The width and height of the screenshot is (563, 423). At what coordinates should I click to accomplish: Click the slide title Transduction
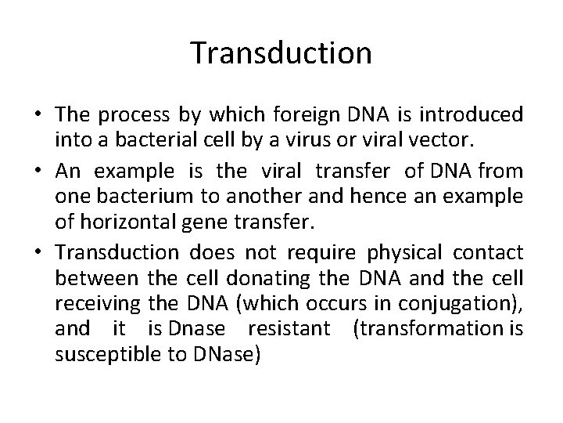(281, 52)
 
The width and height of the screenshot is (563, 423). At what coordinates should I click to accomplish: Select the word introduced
(475, 116)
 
